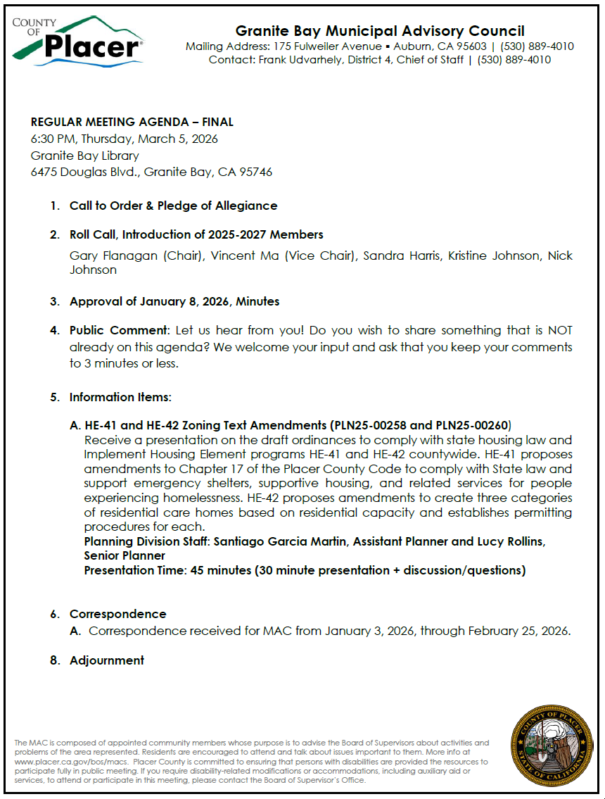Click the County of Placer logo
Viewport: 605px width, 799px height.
click(x=77, y=40)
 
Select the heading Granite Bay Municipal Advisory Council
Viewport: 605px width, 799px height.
click(x=379, y=31)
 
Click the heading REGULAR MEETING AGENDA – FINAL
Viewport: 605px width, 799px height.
click(x=132, y=122)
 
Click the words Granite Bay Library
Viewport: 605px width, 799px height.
click(x=84, y=156)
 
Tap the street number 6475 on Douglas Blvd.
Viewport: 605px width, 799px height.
click(x=45, y=172)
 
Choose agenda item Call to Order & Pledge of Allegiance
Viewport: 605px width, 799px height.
click(x=173, y=206)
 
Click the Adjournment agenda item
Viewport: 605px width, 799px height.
click(x=106, y=660)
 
